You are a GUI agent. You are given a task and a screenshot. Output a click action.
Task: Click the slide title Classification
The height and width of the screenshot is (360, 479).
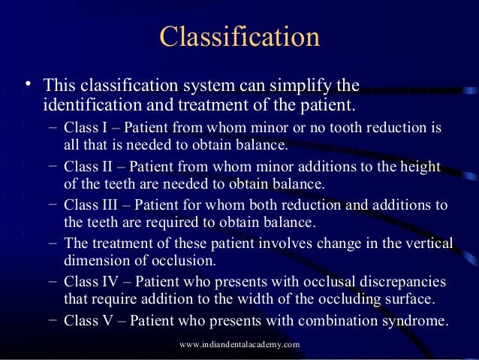239,37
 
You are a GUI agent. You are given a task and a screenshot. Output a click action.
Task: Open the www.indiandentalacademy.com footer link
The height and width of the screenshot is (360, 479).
240,344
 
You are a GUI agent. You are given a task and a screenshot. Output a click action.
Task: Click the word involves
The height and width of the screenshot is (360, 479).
287,244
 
